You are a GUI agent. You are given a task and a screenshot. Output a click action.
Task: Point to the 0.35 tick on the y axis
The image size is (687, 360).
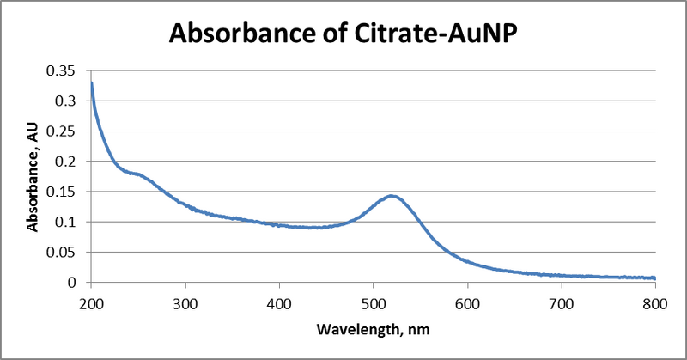64,71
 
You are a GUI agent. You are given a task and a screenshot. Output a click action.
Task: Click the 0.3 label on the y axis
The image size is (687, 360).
68,101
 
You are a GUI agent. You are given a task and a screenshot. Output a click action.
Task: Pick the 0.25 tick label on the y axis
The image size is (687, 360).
64,131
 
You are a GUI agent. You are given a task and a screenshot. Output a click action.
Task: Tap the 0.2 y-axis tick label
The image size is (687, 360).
68,162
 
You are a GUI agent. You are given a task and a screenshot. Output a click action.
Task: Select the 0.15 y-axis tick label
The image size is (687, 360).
64,192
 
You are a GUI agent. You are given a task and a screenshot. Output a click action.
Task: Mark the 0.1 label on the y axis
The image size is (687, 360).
68,222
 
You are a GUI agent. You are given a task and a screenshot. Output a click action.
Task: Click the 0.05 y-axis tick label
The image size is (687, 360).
64,252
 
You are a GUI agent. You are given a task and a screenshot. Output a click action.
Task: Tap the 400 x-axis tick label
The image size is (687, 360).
278,302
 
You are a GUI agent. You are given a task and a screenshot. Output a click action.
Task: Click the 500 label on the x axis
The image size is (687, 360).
373,302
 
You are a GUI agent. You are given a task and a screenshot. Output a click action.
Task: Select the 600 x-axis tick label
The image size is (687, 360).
466,302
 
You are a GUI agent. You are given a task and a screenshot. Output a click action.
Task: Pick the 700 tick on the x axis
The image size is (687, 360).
561,302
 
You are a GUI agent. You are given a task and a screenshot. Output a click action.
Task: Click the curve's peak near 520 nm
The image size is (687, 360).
392,196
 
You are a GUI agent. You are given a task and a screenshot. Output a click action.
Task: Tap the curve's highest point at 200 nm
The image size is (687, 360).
91,83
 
